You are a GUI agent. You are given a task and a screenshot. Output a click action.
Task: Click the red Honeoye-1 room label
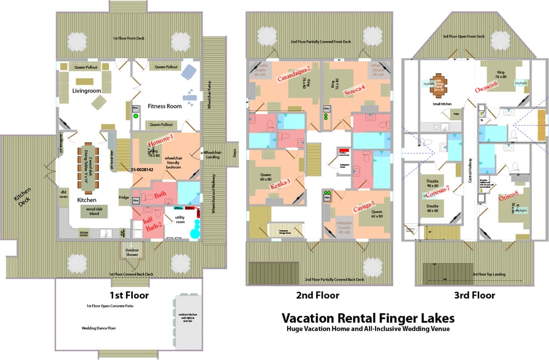pos(161,145)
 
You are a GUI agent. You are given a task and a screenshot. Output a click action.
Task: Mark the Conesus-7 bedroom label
pos(438,190)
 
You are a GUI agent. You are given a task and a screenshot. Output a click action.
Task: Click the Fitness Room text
pos(164,106)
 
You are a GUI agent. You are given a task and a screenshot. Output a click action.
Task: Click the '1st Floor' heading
pos(130,295)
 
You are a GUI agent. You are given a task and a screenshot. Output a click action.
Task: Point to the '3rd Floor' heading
pos(474,295)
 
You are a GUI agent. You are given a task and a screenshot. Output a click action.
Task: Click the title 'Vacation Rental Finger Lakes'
pos(368,318)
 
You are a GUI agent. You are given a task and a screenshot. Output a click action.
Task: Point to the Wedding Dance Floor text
pos(97,328)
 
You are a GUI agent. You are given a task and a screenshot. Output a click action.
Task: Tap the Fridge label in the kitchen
pos(124,197)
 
